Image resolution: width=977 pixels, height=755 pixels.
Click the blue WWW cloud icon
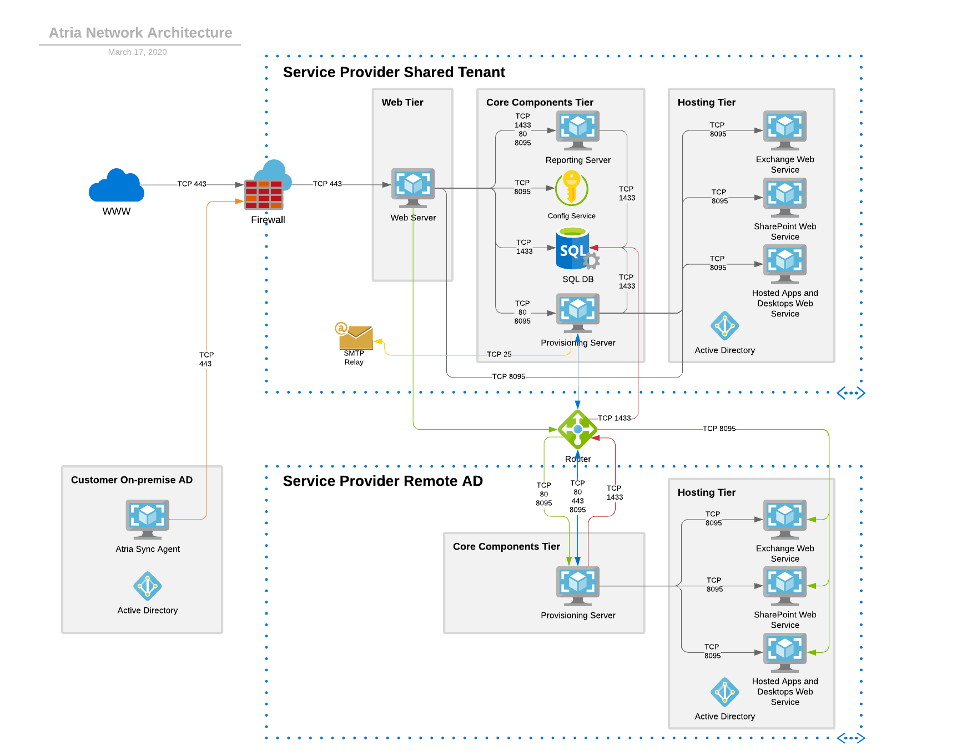pos(117,186)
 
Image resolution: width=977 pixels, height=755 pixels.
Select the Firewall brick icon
pos(264,194)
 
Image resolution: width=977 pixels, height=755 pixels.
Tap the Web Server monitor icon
pos(413,186)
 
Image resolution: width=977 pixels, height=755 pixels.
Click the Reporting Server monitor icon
pos(578,129)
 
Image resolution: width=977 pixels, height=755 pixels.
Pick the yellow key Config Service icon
pos(571,188)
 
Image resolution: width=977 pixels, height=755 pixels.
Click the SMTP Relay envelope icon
pos(355,336)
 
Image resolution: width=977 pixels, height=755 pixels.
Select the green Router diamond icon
pos(577,429)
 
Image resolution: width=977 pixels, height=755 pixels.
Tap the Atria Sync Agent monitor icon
pos(147,518)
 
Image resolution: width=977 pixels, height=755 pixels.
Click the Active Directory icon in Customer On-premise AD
pos(147,586)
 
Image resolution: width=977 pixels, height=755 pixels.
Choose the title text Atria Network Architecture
pos(140,33)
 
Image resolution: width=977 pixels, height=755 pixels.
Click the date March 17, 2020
pos(137,52)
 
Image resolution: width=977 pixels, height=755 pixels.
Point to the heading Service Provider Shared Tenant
pos(394,72)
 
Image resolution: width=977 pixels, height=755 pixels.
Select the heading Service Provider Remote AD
pos(382,481)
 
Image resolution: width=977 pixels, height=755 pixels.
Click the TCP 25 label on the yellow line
pos(499,354)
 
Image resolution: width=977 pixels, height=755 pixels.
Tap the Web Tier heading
pos(402,102)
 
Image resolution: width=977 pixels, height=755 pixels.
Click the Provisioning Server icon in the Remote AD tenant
pos(578,585)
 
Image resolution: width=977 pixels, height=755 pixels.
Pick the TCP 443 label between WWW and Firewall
pos(192,184)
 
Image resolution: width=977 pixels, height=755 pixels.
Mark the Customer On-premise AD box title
pos(132,480)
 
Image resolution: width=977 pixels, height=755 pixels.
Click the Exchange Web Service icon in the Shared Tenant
pos(784,129)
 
